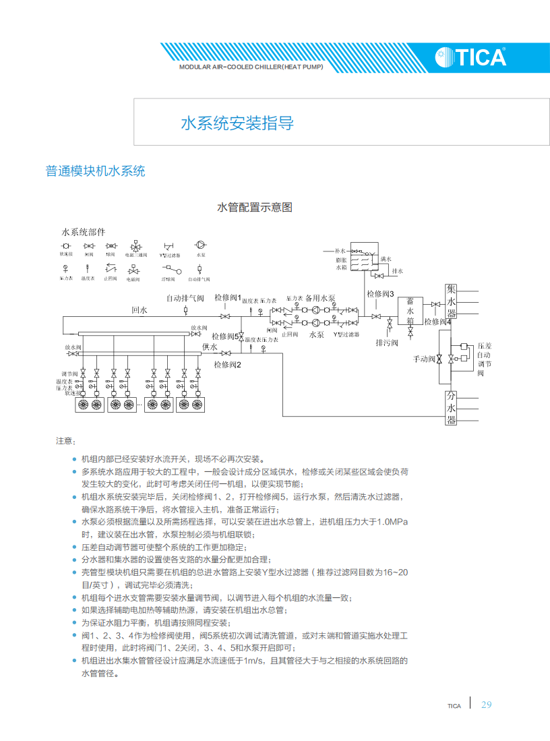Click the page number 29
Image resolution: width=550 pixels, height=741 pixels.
point(487,705)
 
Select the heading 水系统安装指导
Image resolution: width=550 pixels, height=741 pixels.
point(237,123)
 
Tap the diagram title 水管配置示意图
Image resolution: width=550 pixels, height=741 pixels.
point(254,207)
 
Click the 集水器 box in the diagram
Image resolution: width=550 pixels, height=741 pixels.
point(452,301)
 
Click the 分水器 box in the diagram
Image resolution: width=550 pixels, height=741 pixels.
point(452,408)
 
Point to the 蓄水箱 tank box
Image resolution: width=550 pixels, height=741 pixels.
point(410,312)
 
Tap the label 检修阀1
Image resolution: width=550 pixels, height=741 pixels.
point(228,297)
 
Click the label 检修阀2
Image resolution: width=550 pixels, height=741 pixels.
point(228,365)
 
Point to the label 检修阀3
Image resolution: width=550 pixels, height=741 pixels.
point(380,294)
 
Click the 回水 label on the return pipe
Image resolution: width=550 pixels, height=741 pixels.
point(139,310)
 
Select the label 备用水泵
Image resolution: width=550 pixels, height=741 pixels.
point(320,297)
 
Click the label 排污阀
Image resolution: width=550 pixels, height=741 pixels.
point(387,343)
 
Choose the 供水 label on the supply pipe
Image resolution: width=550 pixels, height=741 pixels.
point(210,347)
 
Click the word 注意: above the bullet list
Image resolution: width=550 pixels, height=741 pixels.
point(65,441)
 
